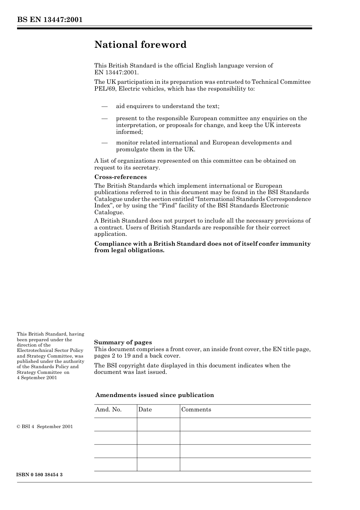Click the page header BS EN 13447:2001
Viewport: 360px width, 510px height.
(50, 20)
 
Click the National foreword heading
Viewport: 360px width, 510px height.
(140, 45)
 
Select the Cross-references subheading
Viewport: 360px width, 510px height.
(120, 177)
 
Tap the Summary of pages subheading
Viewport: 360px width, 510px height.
(123, 342)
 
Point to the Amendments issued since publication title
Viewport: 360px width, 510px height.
(155, 395)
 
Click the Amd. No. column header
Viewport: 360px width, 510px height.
(108, 410)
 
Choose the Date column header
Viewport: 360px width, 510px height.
(145, 410)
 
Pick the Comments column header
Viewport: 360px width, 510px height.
(196, 410)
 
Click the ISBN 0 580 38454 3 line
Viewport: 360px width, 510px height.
(39, 475)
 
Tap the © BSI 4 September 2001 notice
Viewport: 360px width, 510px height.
(45, 427)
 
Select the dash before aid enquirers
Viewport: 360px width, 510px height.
(105, 106)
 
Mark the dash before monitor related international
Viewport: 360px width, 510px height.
(105, 143)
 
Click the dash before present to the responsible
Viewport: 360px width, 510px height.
(105, 118)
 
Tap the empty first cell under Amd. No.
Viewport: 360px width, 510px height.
(116, 425)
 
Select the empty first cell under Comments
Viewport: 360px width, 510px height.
(245, 425)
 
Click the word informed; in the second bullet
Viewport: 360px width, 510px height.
(129, 132)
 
